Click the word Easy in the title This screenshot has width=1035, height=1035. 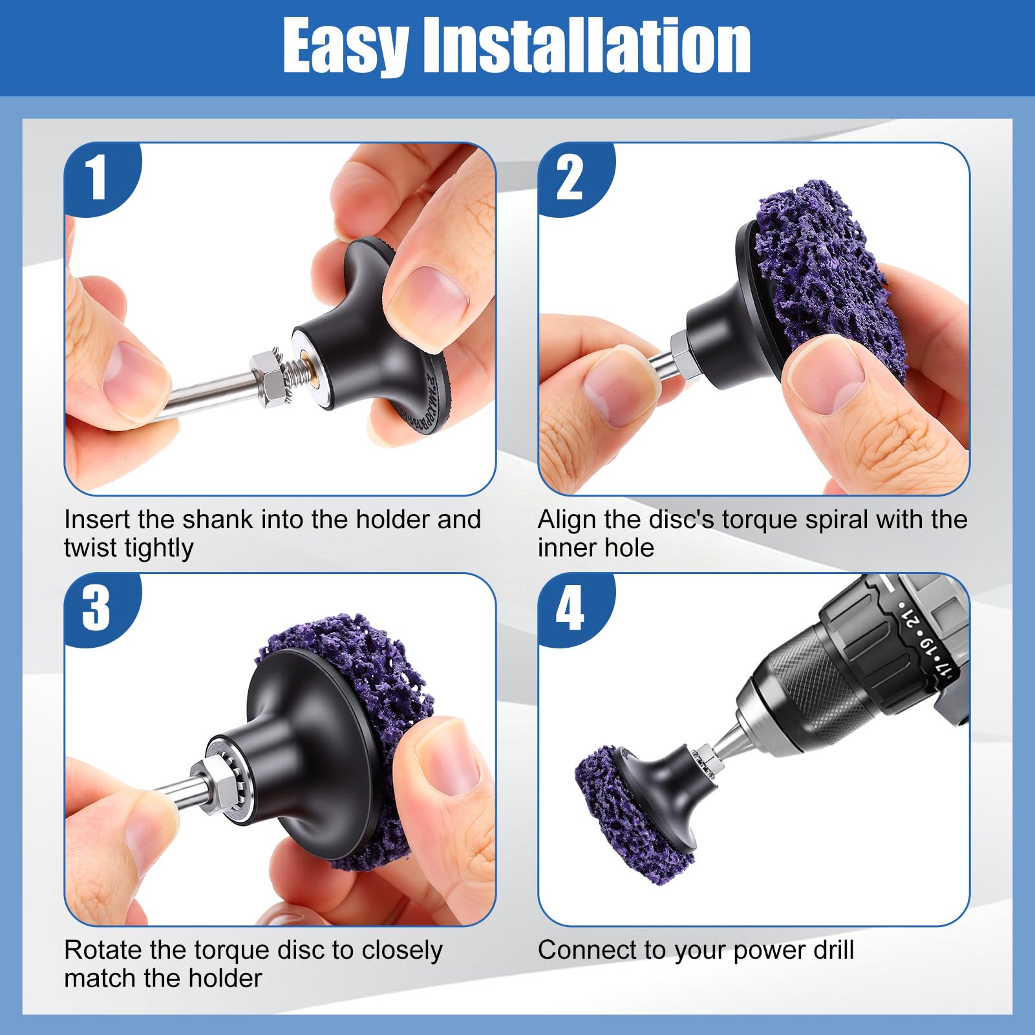pyautogui.click(x=345, y=47)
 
